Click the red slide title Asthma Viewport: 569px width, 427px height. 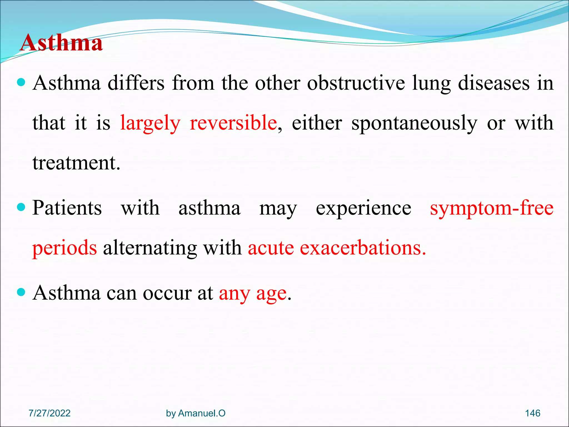61,43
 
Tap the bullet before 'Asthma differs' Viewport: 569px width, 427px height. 21,83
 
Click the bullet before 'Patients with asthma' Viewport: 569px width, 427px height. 21,207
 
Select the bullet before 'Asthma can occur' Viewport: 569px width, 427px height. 21,292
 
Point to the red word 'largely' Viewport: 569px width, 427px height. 150,123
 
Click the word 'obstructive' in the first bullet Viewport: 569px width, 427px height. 356,83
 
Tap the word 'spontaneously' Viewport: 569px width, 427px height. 414,123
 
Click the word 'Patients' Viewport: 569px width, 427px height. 67,208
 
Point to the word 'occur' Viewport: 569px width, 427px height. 167,293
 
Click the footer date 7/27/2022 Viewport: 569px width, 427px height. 49,413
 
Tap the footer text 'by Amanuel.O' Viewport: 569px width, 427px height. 196,413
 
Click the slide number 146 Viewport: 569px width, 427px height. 532,413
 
